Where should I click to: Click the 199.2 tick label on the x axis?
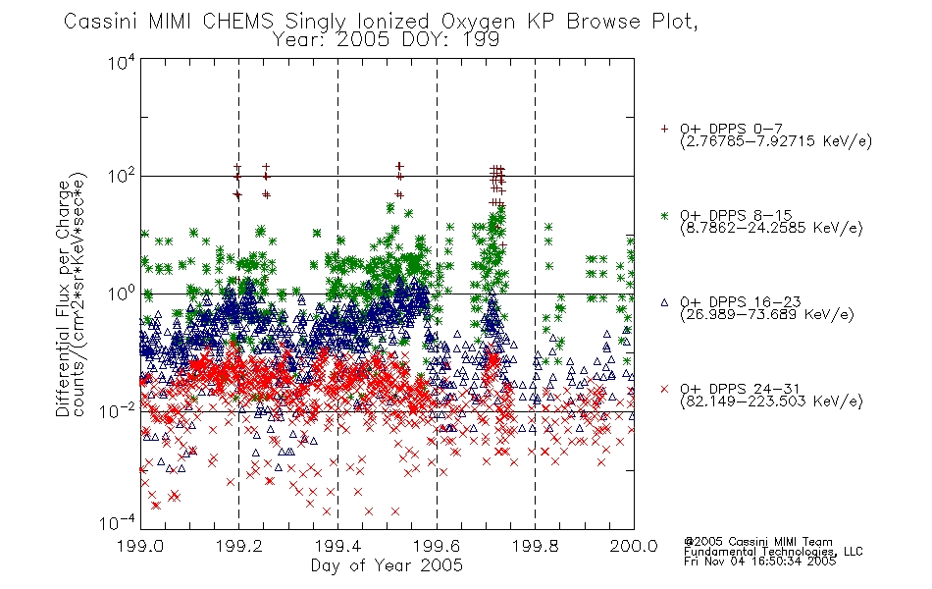[x=239, y=546]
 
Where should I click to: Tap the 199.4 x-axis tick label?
[x=337, y=546]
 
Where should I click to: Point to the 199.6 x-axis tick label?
[x=437, y=546]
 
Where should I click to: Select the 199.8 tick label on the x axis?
[x=536, y=546]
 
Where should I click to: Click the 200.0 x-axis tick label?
[x=634, y=546]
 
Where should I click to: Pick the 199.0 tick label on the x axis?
[x=140, y=546]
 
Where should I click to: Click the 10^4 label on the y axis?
[x=122, y=62]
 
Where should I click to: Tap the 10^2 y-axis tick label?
[x=122, y=176]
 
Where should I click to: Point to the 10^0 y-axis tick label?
[x=122, y=294]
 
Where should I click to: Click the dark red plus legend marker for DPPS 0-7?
[x=664, y=129]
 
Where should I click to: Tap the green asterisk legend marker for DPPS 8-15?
[x=664, y=215]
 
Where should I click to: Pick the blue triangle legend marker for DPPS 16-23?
[x=664, y=302]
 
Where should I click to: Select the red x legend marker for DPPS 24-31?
[x=664, y=389]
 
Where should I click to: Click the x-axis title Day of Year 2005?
[x=387, y=565]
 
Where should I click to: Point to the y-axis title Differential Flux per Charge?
[x=64, y=298]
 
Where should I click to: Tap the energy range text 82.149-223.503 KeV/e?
[x=771, y=402]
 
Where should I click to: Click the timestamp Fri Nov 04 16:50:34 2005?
[x=759, y=561]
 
